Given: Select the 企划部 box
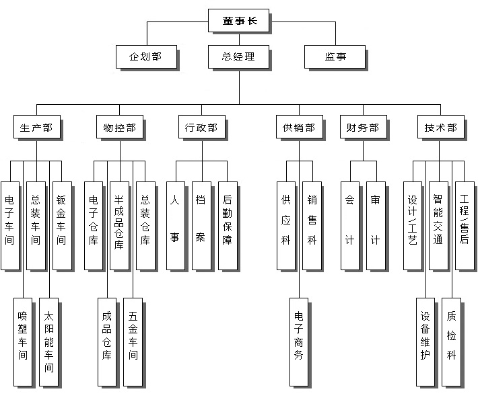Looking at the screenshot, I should pos(145,57).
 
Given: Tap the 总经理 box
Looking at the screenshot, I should pos(238,57).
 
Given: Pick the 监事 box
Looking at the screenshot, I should pos(335,57).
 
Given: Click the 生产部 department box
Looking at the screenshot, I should pos(36,128).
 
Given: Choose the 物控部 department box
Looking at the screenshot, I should pos(120,128).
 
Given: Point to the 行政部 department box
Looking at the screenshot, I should pos(201,128).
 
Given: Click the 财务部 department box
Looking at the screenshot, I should pos(362,128).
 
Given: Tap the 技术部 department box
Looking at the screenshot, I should pos(440,128).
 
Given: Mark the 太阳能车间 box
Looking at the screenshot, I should pos(48,341).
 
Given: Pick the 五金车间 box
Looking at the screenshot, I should pos(133,341).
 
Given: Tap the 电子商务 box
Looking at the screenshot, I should pos(299,341).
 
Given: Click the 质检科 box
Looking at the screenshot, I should pos(451,341).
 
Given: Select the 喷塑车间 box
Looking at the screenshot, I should pos(23,341).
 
